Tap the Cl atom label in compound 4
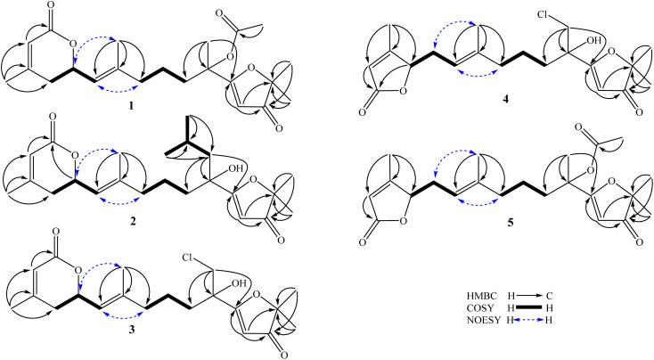537,15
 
